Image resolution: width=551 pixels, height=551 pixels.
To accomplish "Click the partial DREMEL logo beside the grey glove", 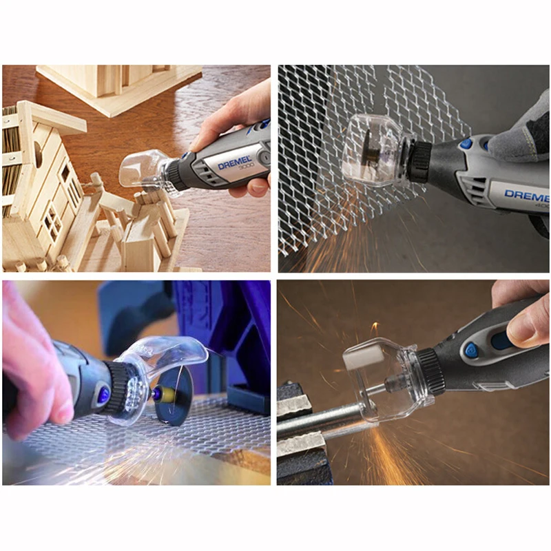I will (x=527, y=196).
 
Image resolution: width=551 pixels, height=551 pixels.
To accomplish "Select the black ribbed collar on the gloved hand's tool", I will (x=419, y=162).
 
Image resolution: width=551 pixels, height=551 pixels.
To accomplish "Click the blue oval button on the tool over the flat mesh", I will (x=103, y=395).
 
